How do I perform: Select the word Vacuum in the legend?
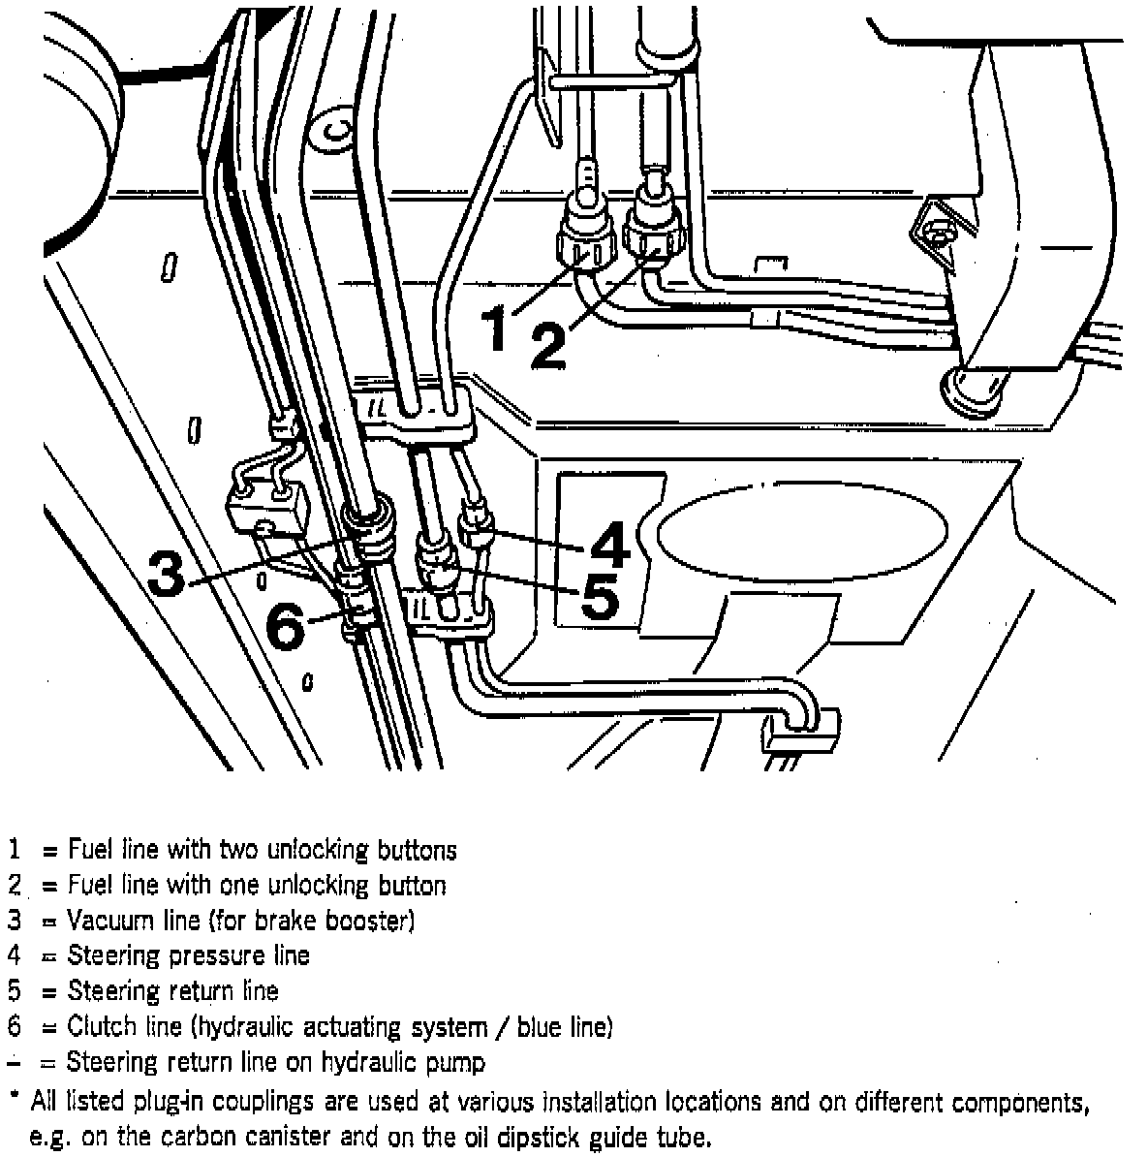(x=108, y=920)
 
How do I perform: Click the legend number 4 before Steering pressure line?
(x=14, y=955)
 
